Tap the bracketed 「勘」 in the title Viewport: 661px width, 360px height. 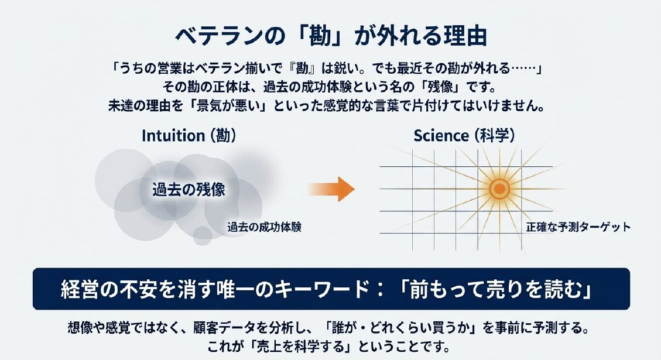[320, 36]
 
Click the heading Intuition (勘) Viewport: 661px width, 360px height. [189, 136]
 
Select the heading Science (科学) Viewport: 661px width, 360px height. [464, 136]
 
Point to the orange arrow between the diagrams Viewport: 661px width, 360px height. [331, 189]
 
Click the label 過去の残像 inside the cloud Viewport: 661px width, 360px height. [189, 190]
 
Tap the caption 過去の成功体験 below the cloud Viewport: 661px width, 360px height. [264, 227]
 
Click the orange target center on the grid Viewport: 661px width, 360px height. [499, 189]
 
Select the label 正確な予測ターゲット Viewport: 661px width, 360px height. [578, 227]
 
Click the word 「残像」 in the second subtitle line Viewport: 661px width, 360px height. [442, 87]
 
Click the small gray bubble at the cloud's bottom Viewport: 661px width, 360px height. [203, 236]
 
